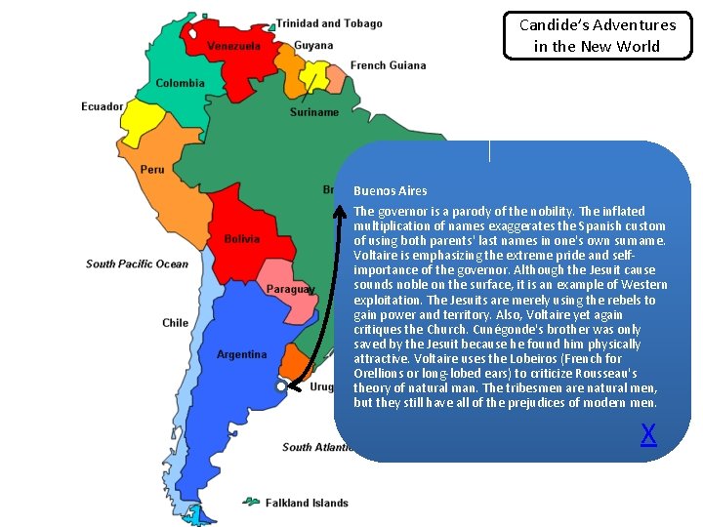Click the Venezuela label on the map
[x=233, y=46]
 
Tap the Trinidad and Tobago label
[x=329, y=23]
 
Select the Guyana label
[x=313, y=45]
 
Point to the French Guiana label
[x=388, y=65]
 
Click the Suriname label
[x=314, y=112]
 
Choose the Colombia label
[x=180, y=83]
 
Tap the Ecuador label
[x=103, y=106]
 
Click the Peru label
[x=152, y=169]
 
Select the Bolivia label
[x=242, y=238]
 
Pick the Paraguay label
[x=290, y=289]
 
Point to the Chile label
[x=176, y=323]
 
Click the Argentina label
[x=241, y=354]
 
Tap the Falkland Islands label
[x=307, y=503]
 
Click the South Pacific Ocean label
[x=137, y=263]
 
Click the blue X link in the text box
[x=648, y=434]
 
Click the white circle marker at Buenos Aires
[x=280, y=386]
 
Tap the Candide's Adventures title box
[x=598, y=36]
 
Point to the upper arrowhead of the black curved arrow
[x=341, y=207]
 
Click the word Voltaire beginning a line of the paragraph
[x=376, y=255]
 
